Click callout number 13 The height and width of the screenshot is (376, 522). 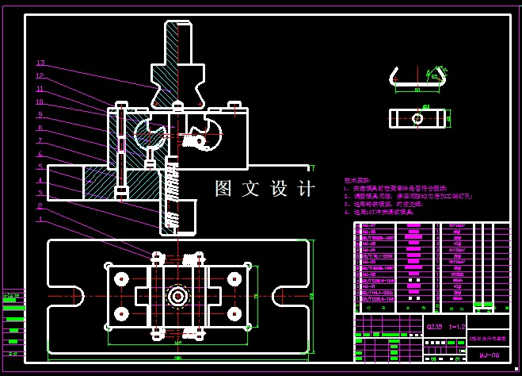(x=40, y=63)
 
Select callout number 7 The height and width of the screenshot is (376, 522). (x=40, y=140)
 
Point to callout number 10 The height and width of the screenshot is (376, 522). (x=40, y=102)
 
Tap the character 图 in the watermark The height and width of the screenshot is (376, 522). (x=224, y=189)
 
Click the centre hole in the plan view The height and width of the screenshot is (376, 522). (x=177, y=295)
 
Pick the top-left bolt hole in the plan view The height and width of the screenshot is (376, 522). (x=121, y=278)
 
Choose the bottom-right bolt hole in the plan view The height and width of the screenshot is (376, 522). (x=234, y=314)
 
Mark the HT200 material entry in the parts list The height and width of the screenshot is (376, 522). (x=458, y=274)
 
